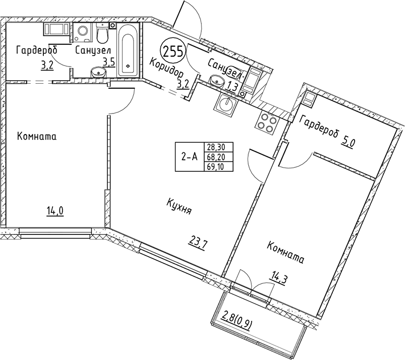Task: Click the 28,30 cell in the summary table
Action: pos(216,147)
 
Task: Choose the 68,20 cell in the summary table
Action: pos(216,157)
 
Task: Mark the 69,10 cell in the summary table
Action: pos(216,166)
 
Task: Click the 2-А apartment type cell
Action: pos(189,157)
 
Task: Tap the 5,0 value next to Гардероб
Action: pos(349,142)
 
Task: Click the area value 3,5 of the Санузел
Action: pos(108,63)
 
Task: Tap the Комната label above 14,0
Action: pos(36,137)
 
